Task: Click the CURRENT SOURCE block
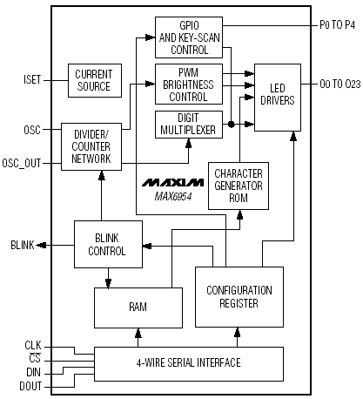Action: (x=95, y=80)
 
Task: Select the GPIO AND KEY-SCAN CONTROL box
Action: (x=189, y=37)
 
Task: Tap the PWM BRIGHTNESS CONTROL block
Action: (x=189, y=85)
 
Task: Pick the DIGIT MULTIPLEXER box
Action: (x=189, y=125)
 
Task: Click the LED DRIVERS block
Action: (x=278, y=98)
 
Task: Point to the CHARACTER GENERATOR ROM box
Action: (x=239, y=186)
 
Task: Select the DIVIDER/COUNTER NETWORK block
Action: (x=91, y=146)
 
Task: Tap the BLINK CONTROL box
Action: (x=108, y=244)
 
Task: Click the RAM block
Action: (x=138, y=308)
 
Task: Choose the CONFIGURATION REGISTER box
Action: (x=239, y=297)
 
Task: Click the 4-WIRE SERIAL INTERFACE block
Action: (x=189, y=364)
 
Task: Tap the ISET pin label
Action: (x=32, y=80)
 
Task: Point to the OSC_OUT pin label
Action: (x=22, y=163)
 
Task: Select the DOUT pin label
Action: (x=30, y=386)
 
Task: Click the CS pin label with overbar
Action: (x=35, y=358)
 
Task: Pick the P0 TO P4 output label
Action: (x=337, y=25)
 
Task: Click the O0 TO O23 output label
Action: (x=340, y=85)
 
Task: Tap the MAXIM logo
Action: (x=173, y=182)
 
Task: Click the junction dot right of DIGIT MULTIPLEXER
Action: (x=231, y=125)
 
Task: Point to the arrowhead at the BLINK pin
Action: (x=41, y=246)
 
